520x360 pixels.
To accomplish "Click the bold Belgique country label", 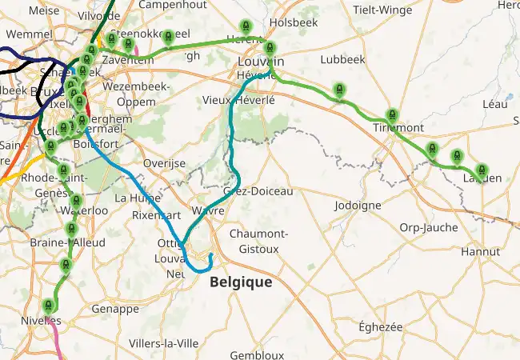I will [x=240, y=282].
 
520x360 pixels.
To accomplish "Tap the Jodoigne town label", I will [x=358, y=205].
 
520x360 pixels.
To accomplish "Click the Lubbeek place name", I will [x=342, y=59].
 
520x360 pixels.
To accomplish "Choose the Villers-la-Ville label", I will [x=163, y=343].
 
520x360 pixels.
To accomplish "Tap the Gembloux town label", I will [x=256, y=354].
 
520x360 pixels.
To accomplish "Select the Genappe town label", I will [x=115, y=309].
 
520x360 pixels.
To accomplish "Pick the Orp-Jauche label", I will [x=429, y=227].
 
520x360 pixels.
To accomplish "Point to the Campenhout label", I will [x=170, y=5].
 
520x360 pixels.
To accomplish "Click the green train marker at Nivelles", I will [x=49, y=306].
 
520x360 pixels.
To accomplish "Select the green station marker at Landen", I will [x=481, y=170].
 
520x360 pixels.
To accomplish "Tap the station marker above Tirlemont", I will [x=391, y=115].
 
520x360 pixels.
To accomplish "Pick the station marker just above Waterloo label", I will [x=77, y=201].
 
